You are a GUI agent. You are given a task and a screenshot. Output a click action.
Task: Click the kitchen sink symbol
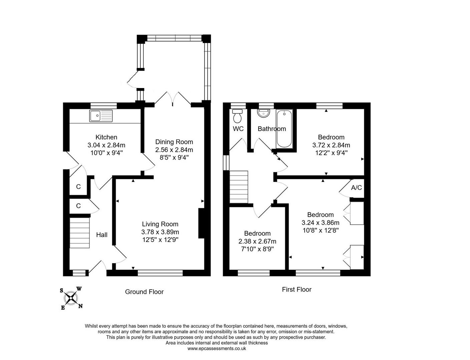[101, 116]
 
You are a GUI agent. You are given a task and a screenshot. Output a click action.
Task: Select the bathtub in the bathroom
[284, 129]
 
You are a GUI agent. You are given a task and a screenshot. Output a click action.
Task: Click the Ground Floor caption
[144, 292]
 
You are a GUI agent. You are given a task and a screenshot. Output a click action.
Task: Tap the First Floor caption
[297, 290]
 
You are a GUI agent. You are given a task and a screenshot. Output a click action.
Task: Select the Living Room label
[160, 224]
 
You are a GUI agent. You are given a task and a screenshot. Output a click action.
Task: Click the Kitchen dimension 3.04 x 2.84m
[106, 145]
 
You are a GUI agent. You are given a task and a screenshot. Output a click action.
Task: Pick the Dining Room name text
[174, 142]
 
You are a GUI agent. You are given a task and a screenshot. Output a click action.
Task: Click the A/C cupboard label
[356, 188]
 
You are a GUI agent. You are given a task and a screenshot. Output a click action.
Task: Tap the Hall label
[102, 235]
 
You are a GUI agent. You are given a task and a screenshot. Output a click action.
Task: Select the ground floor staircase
[80, 233]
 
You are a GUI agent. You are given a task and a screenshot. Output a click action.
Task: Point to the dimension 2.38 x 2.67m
[257, 241]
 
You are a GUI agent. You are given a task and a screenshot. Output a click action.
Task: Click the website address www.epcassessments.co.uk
[216, 349]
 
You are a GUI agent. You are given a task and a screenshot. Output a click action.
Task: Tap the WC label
[238, 129]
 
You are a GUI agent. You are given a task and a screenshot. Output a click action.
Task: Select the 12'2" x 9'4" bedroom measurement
[331, 153]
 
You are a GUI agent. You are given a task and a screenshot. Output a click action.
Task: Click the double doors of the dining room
[172, 99]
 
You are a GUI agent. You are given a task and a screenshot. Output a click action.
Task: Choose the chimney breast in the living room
[201, 223]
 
